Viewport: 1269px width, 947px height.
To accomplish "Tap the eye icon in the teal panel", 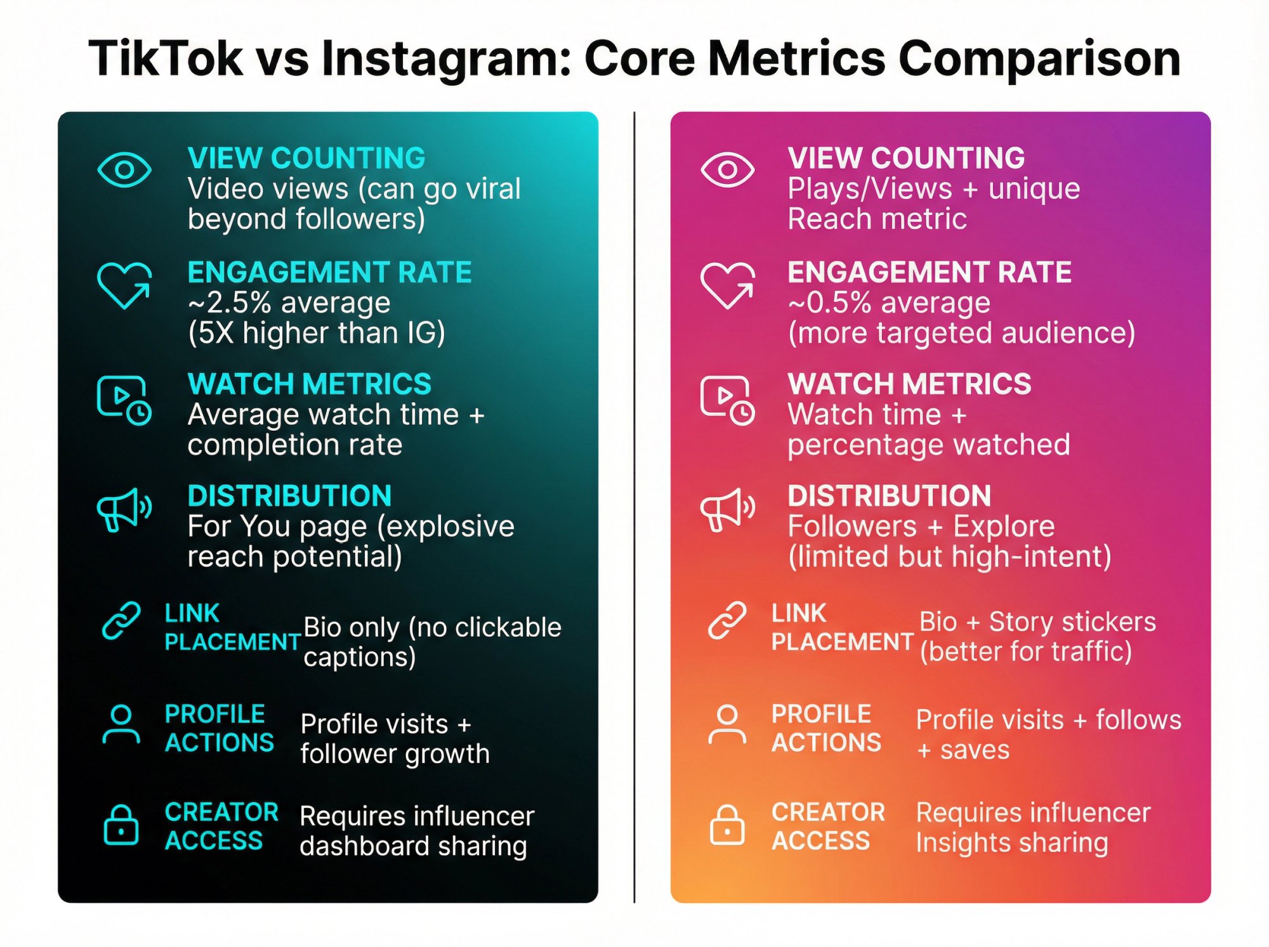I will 124,169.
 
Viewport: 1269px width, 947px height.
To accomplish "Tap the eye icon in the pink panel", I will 727,169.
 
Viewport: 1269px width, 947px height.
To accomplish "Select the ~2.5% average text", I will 289,303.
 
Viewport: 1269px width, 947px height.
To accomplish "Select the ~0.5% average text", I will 888,303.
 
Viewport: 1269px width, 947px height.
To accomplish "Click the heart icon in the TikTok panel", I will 124,285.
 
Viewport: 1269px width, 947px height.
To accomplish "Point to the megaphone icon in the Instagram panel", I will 727,509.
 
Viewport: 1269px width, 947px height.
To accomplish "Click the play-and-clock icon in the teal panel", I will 124,400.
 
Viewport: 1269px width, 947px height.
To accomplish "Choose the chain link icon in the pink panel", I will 727,620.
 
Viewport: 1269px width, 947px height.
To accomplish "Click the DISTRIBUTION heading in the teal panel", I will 289,496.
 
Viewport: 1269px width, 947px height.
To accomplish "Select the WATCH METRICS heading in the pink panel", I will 909,384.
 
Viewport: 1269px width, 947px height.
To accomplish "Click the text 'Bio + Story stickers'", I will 1037,622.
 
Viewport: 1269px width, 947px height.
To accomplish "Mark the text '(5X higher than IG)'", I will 317,333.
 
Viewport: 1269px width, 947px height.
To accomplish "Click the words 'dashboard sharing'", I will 413,846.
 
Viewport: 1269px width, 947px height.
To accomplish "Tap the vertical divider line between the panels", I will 634,507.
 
